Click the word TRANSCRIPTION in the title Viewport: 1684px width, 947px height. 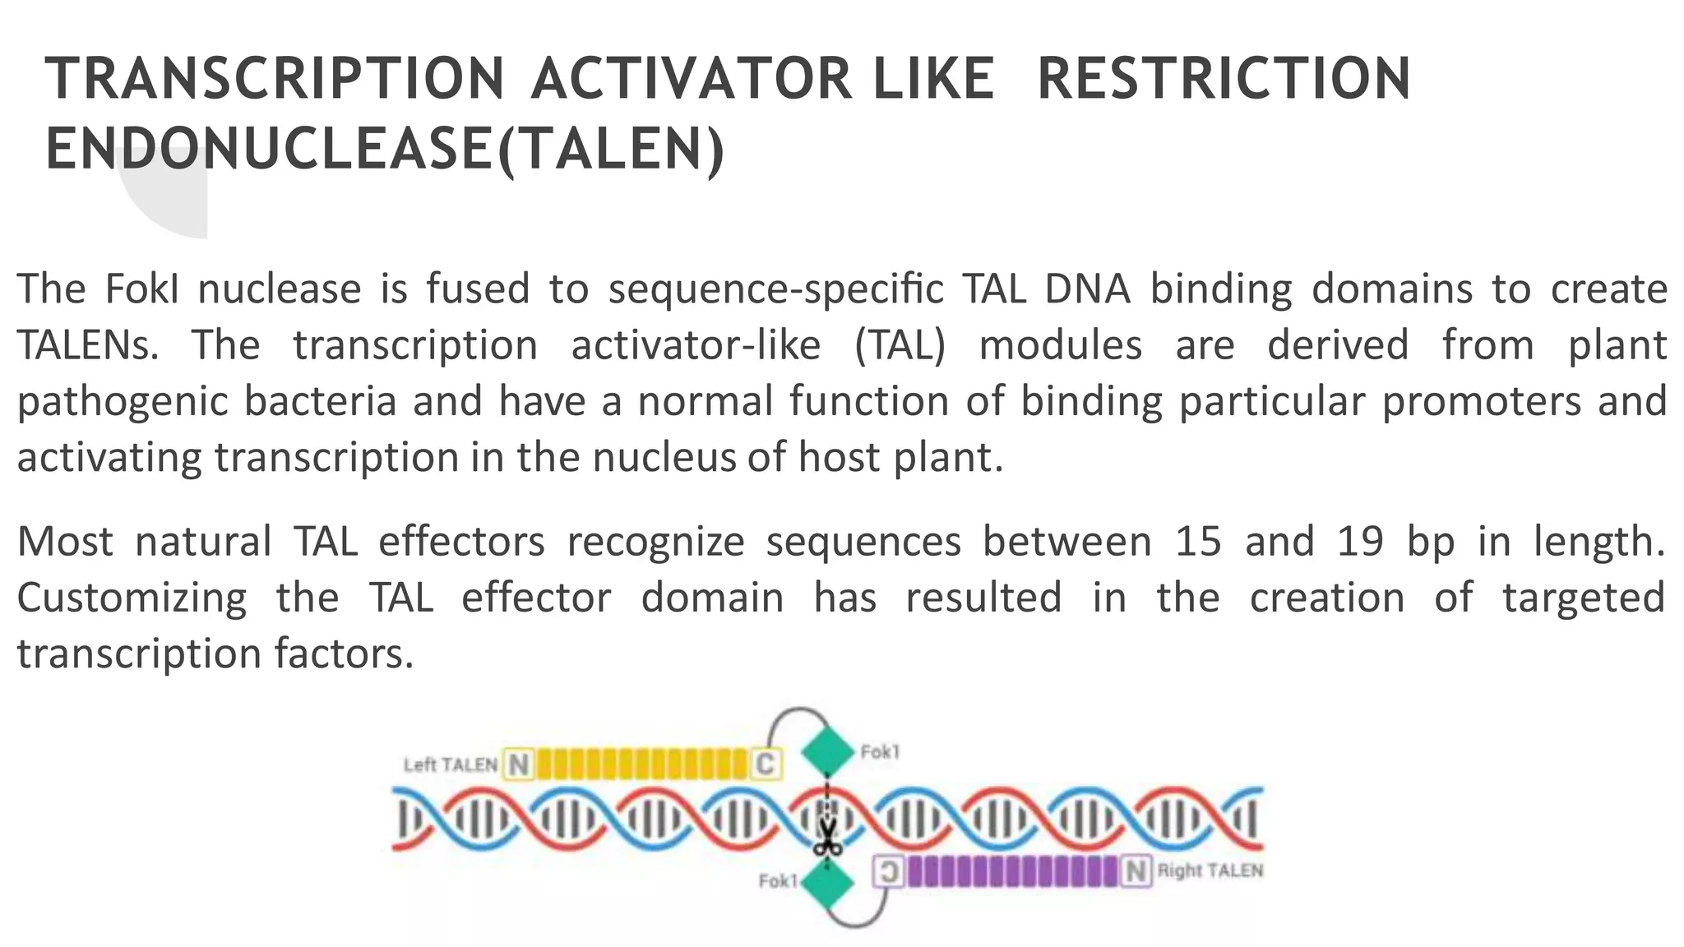tap(274, 79)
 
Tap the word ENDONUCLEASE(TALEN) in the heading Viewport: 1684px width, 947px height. tap(385, 150)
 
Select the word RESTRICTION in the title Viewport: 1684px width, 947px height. tap(1224, 79)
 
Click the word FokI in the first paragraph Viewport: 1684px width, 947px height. tap(141, 289)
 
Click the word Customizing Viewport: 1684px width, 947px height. tap(132, 598)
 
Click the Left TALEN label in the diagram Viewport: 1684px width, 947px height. tap(450, 765)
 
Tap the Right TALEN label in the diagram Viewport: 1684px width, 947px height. tap(1210, 871)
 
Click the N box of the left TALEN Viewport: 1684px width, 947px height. tap(519, 765)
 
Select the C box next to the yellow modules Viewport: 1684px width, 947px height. tap(765, 765)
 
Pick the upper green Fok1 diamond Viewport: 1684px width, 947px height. tap(827, 751)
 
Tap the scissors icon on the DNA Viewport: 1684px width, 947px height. tap(827, 838)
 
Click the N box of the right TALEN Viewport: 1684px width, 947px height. tap(1136, 871)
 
